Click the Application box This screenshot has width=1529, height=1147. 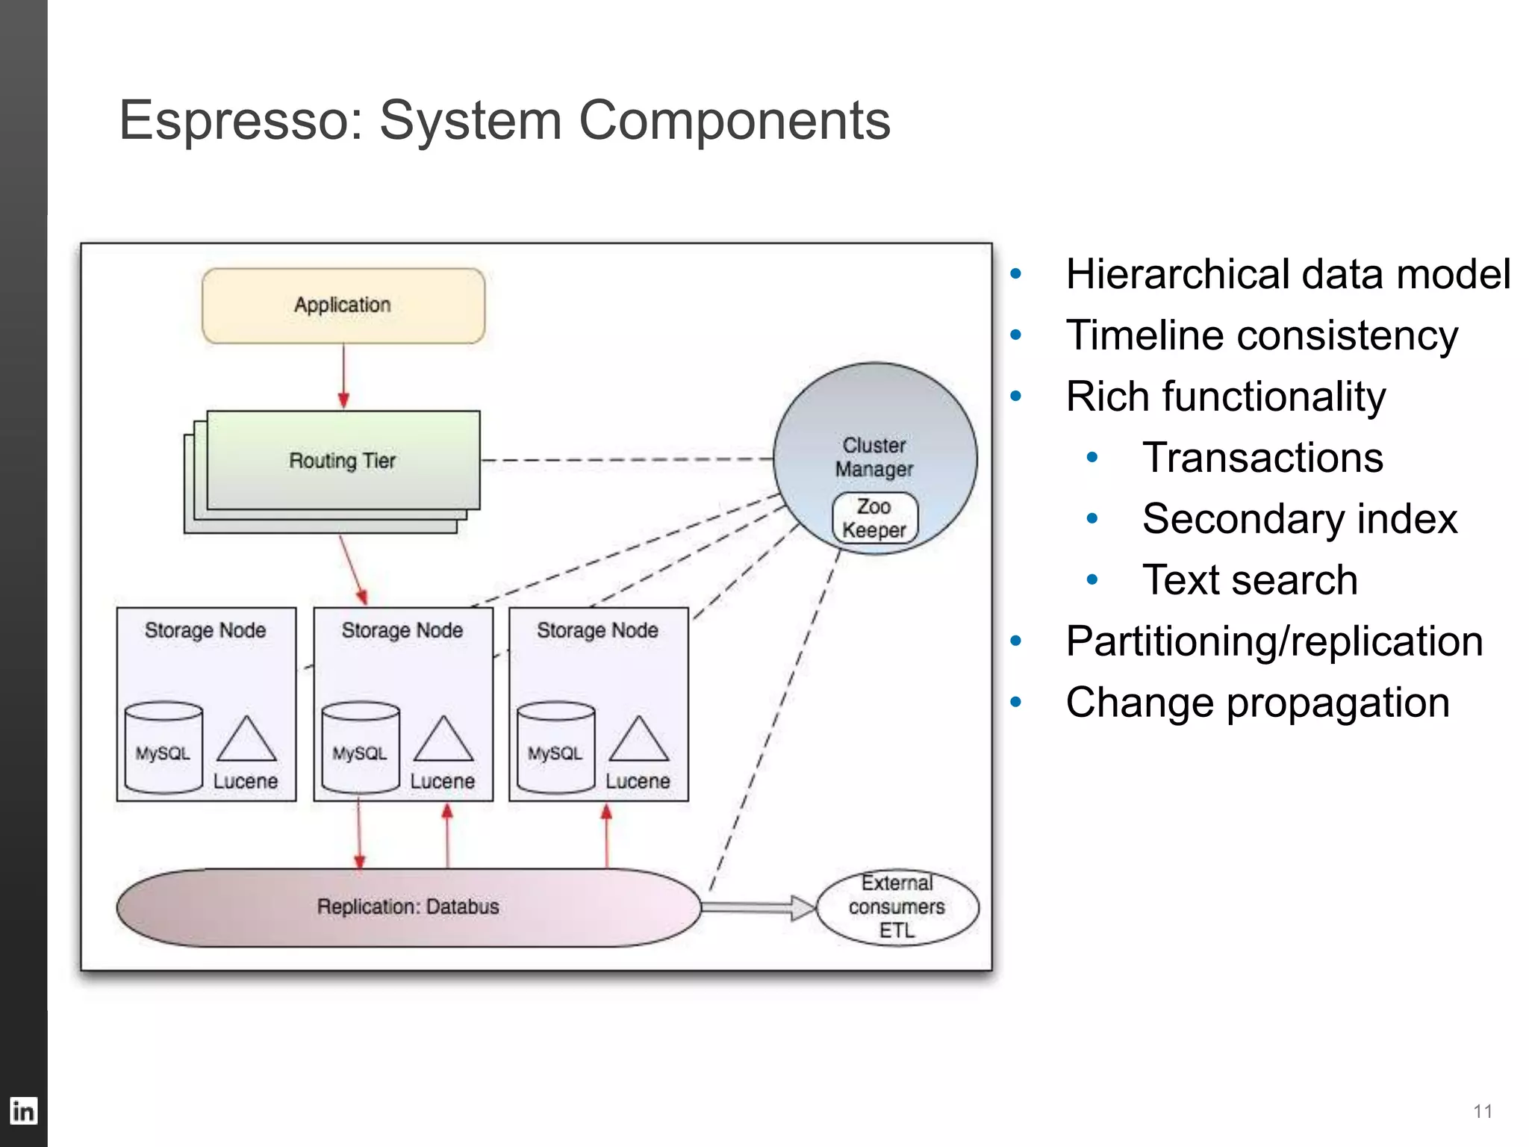(343, 306)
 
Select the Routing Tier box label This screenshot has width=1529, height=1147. (343, 461)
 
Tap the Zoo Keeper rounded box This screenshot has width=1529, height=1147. (874, 517)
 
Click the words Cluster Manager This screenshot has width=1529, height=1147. (874, 457)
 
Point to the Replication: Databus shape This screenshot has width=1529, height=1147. (408, 907)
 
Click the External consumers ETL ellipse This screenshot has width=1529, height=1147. (897, 907)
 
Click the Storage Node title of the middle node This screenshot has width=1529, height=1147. (402, 630)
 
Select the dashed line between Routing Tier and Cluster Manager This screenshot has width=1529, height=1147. (627, 460)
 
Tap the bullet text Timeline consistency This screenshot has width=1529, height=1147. (1262, 335)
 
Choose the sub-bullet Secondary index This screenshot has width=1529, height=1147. (1299, 519)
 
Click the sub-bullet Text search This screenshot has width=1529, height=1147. (1250, 580)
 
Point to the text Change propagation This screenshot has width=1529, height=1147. (1257, 703)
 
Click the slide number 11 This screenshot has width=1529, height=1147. (1483, 1111)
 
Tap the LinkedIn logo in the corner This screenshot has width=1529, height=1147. (23, 1111)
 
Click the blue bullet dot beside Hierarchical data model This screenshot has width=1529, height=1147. (1015, 274)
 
